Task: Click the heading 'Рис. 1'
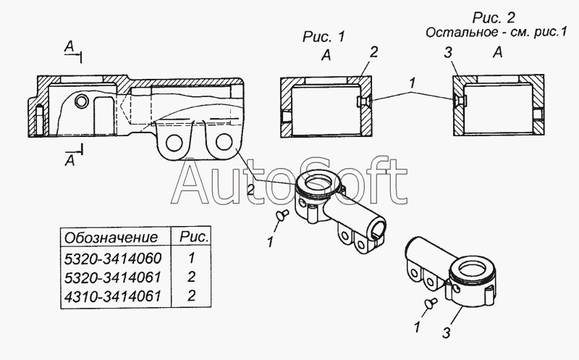coord(324,37)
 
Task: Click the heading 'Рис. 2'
coord(494,17)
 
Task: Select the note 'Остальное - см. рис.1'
coord(496,33)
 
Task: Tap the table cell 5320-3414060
coord(113,259)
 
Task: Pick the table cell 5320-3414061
coord(113,277)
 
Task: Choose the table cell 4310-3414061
coord(113,296)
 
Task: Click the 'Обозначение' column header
coord(111,238)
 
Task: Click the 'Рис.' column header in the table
coord(194,238)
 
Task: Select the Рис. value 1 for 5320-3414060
coord(191,258)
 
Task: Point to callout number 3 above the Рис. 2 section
coord(448,53)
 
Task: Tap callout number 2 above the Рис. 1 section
coord(373,52)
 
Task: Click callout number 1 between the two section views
coord(413,83)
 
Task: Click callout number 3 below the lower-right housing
coord(447,333)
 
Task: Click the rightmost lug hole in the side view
coord(225,142)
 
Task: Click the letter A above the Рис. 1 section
coord(326,56)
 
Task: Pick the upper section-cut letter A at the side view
coord(69,47)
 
